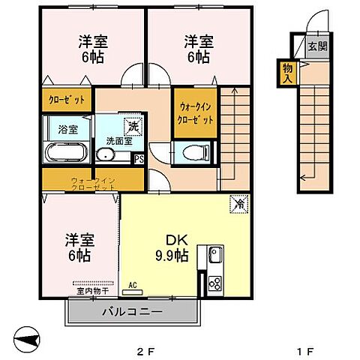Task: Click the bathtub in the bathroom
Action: coord(67,153)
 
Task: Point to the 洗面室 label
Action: coord(119,139)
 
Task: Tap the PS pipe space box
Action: coord(138,158)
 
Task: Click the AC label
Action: coord(133,284)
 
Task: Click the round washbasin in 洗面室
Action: coord(106,154)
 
